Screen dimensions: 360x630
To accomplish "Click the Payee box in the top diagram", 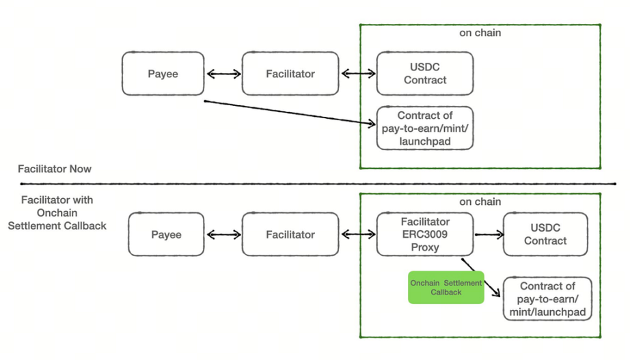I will point(163,74).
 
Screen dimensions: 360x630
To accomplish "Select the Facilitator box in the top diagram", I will point(290,74).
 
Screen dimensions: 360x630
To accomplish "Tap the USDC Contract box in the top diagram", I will point(424,74).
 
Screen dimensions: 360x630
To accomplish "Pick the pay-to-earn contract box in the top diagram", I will point(424,128).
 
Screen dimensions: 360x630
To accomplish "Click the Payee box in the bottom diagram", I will point(166,234).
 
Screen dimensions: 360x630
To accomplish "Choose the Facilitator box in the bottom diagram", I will point(290,234).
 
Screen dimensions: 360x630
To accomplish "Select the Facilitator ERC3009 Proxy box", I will point(424,234).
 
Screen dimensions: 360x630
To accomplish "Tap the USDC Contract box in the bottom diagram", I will point(545,234).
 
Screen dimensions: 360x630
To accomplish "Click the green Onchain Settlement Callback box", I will point(446,287).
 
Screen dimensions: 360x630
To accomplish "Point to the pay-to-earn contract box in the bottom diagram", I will point(547,299).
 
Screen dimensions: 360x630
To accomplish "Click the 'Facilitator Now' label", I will point(55,169).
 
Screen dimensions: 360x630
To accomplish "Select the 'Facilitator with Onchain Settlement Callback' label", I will point(57,212).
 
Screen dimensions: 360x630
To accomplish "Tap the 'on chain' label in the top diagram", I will point(480,32).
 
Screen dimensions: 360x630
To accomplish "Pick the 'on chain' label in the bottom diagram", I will point(480,202).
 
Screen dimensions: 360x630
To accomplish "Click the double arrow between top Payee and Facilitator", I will point(223,74).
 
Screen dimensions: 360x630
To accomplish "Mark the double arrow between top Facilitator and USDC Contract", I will point(358,74).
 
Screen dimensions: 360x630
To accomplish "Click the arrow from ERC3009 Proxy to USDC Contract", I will point(489,234).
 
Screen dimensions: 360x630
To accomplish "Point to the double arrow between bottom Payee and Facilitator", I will point(223,235).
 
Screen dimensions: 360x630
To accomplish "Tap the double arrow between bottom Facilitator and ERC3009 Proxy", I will point(358,235).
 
